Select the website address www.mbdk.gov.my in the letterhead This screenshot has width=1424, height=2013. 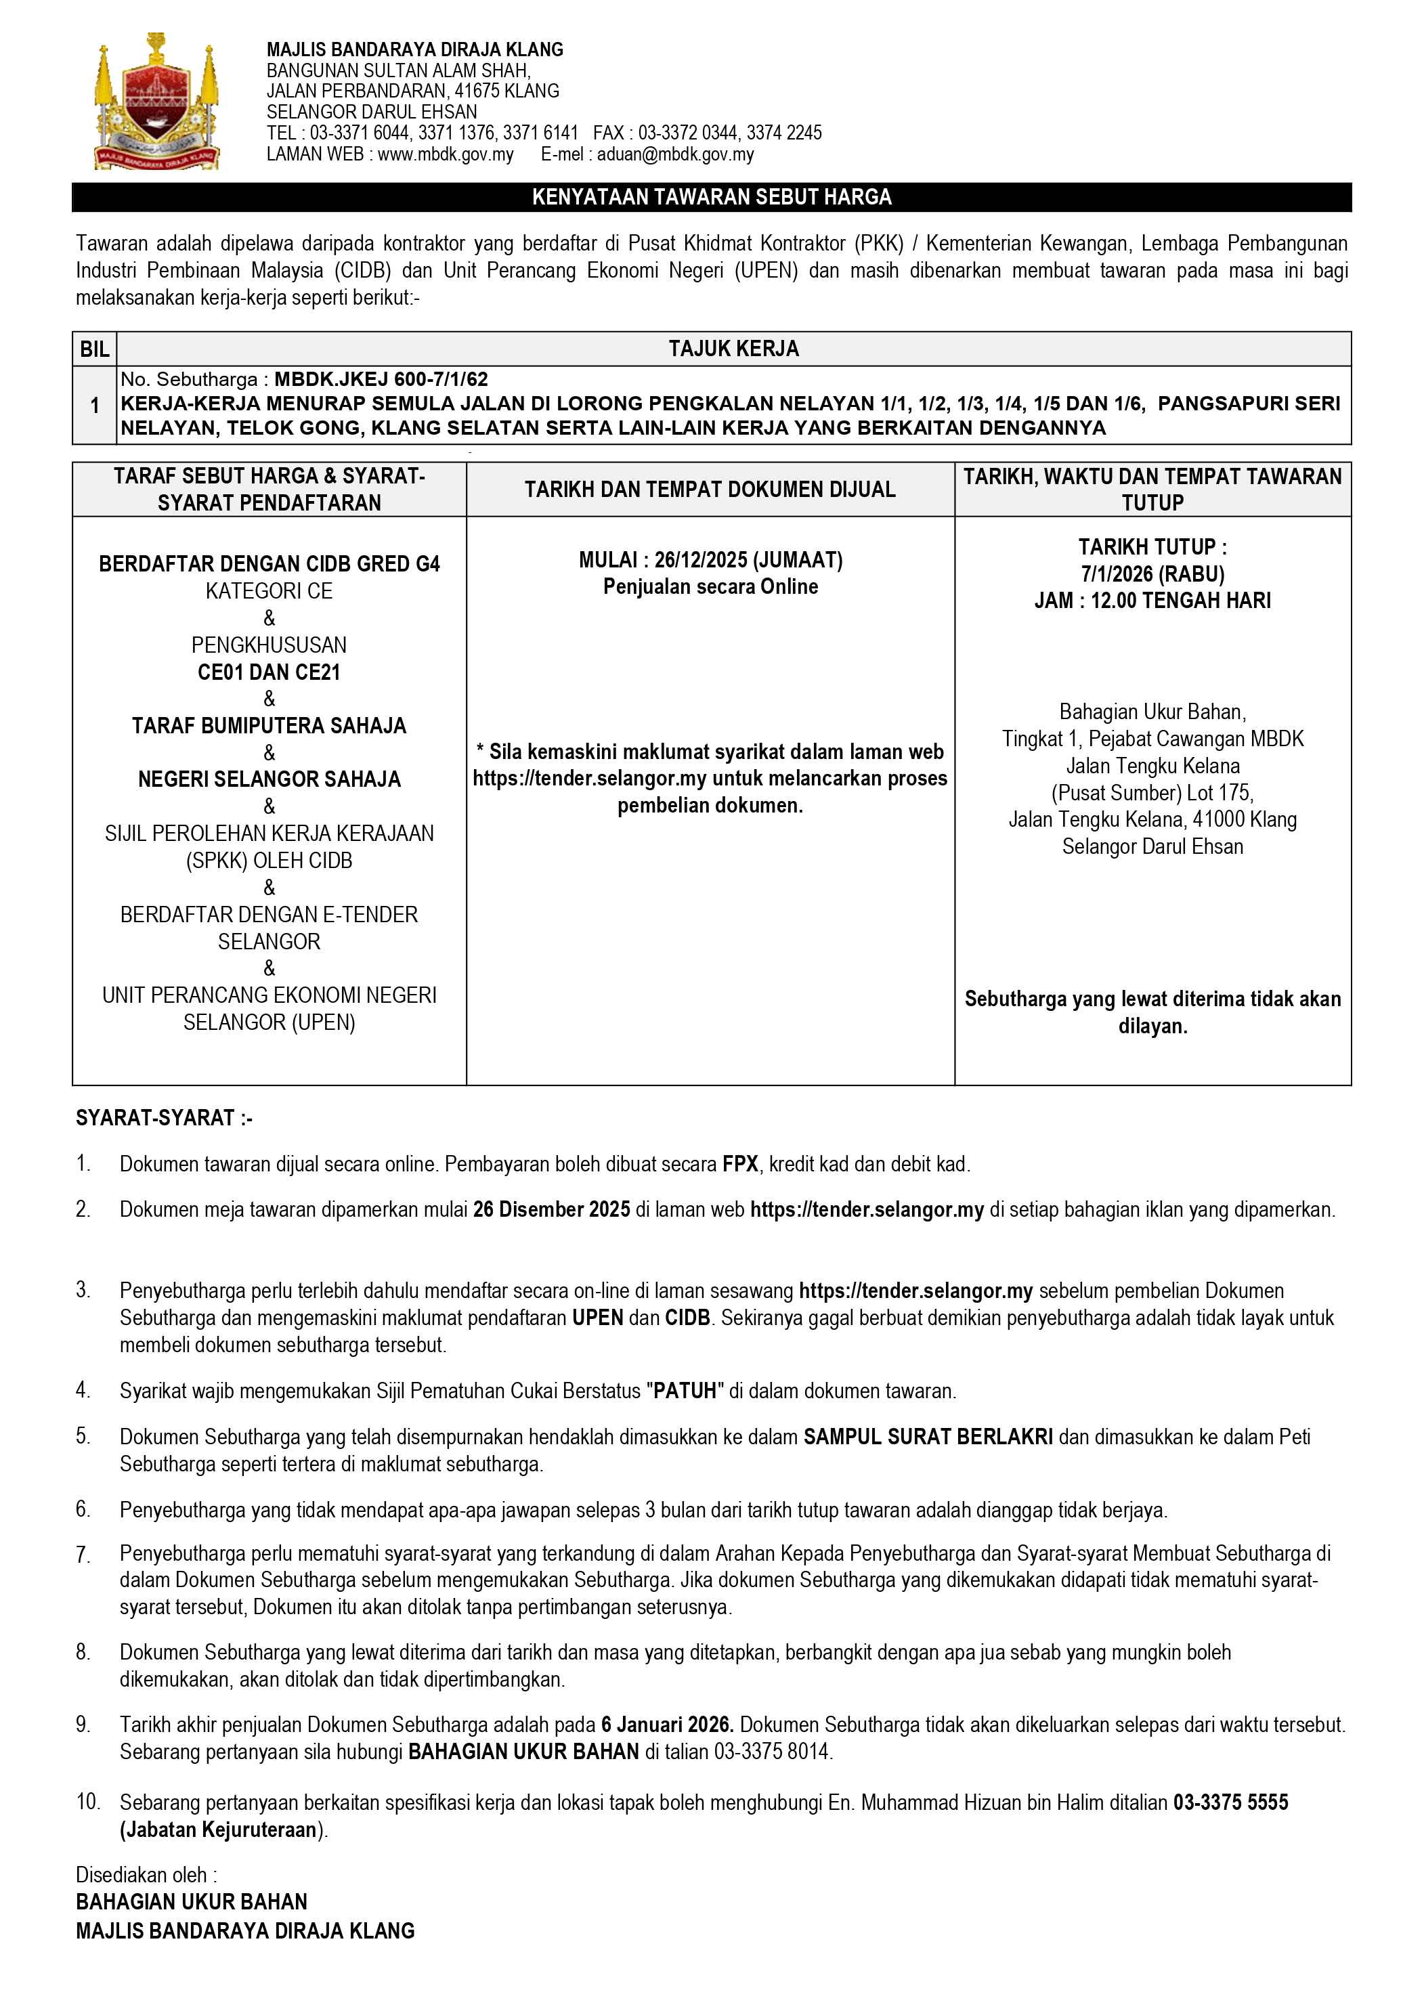pyautogui.click(x=446, y=154)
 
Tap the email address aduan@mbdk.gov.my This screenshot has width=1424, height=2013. pyautogui.click(x=675, y=154)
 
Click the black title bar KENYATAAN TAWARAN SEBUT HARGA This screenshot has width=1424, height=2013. pyautogui.click(x=711, y=197)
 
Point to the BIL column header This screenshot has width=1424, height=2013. pyautogui.click(x=94, y=349)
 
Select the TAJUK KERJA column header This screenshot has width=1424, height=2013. pyautogui.click(x=733, y=349)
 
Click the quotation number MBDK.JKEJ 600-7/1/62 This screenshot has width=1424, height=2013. pyautogui.click(x=381, y=378)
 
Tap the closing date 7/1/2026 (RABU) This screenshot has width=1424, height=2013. pyautogui.click(x=1152, y=573)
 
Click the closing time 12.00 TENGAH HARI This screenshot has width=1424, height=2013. pyautogui.click(x=1180, y=601)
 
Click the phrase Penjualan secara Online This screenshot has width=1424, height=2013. pyautogui.click(x=710, y=586)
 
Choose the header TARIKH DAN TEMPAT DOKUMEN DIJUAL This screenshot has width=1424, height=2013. pyautogui.click(x=710, y=490)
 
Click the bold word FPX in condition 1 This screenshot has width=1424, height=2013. pyautogui.click(x=741, y=1165)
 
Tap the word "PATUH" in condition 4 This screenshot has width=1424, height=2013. pyautogui.click(x=684, y=1391)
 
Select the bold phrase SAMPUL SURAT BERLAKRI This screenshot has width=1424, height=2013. pyautogui.click(x=928, y=1437)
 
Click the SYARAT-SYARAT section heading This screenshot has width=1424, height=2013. pyautogui.click(x=164, y=1118)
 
